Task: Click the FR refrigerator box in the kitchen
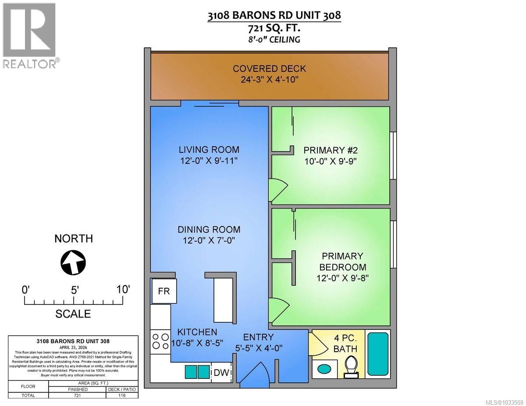pos(164,291)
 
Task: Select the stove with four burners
pos(160,341)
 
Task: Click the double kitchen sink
pos(197,372)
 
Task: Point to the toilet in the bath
pos(351,366)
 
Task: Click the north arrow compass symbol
pos(73,262)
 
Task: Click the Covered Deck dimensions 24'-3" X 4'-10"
pos(269,80)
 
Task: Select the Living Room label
pos(209,149)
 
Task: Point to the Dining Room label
pos(209,229)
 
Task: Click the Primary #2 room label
pos(331,150)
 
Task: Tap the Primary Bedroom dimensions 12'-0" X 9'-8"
pos(342,278)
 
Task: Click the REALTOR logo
pos(29,35)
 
